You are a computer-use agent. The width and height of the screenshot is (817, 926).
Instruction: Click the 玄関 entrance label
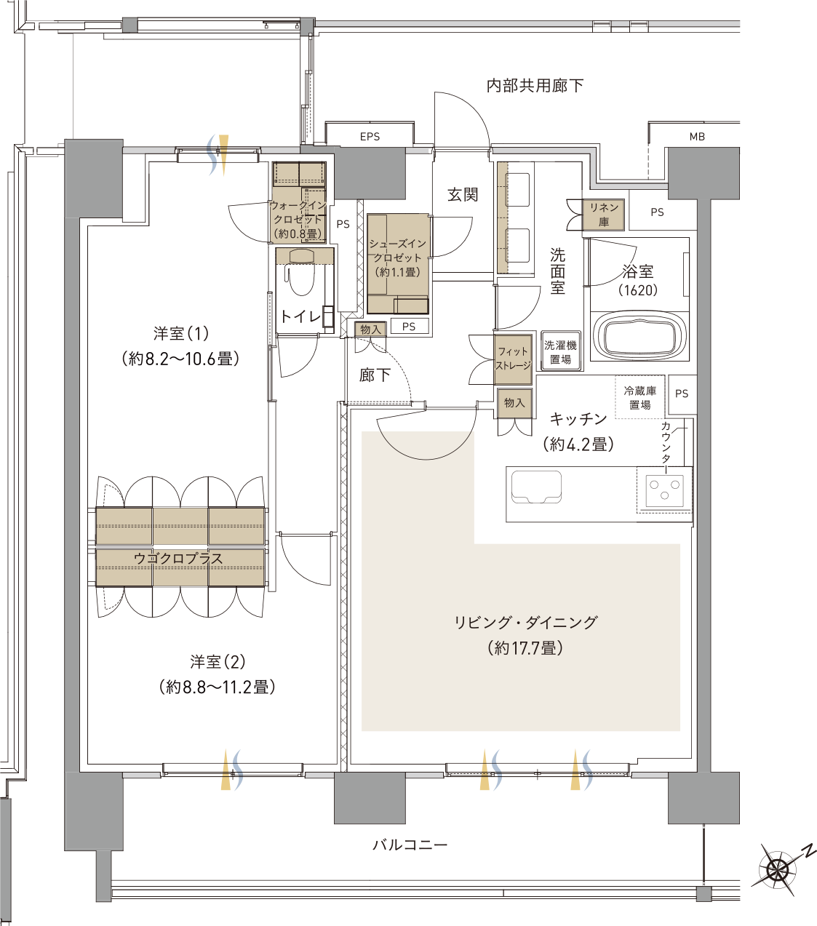coord(463,195)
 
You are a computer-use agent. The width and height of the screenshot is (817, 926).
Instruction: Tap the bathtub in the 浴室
coord(640,337)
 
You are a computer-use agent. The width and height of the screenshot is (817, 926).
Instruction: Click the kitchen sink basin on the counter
coord(536,486)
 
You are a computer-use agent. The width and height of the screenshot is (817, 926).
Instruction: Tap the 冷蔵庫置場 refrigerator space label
coord(640,398)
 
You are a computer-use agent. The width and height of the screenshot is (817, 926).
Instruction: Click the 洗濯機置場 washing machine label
coord(560,352)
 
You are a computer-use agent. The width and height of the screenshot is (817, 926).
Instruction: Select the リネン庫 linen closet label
coord(604,215)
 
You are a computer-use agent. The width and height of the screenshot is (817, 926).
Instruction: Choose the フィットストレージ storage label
coord(513,359)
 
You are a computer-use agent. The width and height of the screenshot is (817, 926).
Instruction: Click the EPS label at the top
coord(370,137)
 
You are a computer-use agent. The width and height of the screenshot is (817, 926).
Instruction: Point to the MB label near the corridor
coord(697,137)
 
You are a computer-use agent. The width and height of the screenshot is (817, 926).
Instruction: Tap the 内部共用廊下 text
coord(535,86)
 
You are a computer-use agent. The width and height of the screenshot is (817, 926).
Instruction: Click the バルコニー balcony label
coord(410,845)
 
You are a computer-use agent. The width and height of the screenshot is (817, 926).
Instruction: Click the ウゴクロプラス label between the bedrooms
coord(179,559)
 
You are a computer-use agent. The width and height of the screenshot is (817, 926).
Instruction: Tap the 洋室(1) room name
coord(181,334)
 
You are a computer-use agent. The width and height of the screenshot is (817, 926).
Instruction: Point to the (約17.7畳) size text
coord(525,647)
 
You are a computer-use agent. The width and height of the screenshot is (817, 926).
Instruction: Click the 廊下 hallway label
coord(375,375)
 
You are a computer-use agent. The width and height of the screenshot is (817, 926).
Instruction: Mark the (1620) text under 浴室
coord(638,290)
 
